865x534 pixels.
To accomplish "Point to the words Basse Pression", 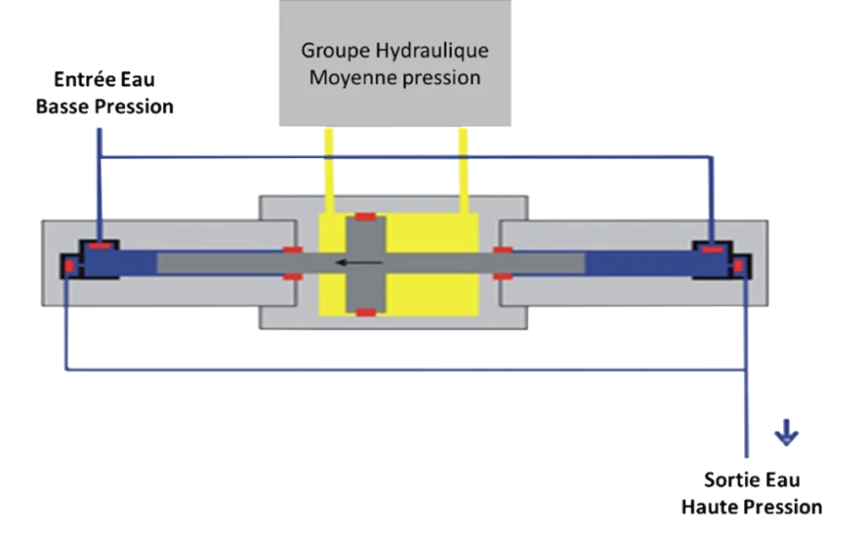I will pyautogui.click(x=105, y=107).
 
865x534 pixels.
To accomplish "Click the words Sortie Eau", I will pyautogui.click(x=753, y=481).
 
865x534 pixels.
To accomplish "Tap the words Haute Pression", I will pyautogui.click(x=752, y=507).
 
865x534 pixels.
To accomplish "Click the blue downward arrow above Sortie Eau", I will pyautogui.click(x=786, y=433).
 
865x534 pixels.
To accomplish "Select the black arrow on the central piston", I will pyautogui.click(x=354, y=264).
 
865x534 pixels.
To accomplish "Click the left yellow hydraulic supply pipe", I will pyautogui.click(x=328, y=165).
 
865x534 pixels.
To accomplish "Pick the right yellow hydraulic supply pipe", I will pyautogui.click(x=463, y=165).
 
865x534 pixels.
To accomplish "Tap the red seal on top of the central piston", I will pyautogui.click(x=365, y=217).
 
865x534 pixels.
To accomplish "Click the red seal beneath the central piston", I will pyautogui.click(x=365, y=313).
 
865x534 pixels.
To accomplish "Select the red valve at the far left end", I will pyautogui.click(x=69, y=267).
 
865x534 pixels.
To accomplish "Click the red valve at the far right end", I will pyautogui.click(x=737, y=267).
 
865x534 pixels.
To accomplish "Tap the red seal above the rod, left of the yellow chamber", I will pyautogui.click(x=292, y=250).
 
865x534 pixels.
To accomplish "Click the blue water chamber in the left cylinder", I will pyautogui.click(x=127, y=264).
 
